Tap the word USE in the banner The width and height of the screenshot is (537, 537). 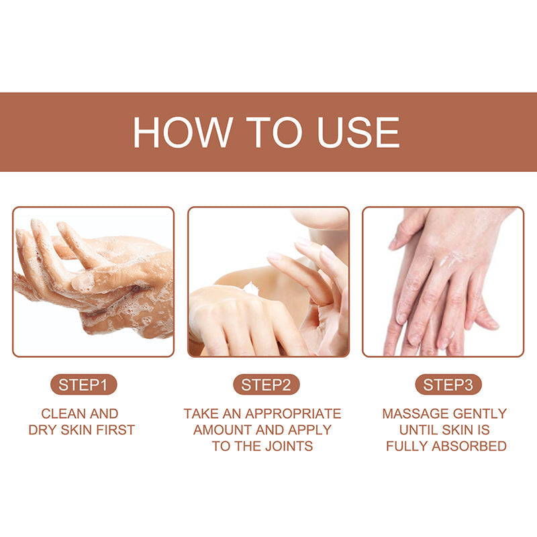tap(358, 132)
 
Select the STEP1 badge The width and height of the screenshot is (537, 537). tap(83, 385)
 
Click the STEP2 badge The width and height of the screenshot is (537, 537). tap(266, 385)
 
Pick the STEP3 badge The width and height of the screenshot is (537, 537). tap(448, 385)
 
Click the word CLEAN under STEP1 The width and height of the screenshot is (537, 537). tap(63, 413)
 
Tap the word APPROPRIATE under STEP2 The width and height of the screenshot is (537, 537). tap(293, 413)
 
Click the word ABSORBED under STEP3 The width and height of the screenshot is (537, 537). tap(469, 446)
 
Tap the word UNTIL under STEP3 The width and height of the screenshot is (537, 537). tap(418, 430)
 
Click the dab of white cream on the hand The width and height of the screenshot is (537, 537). tap(251, 288)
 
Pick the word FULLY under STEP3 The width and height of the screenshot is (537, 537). tap(407, 446)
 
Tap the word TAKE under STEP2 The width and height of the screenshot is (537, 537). tap(201, 413)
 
